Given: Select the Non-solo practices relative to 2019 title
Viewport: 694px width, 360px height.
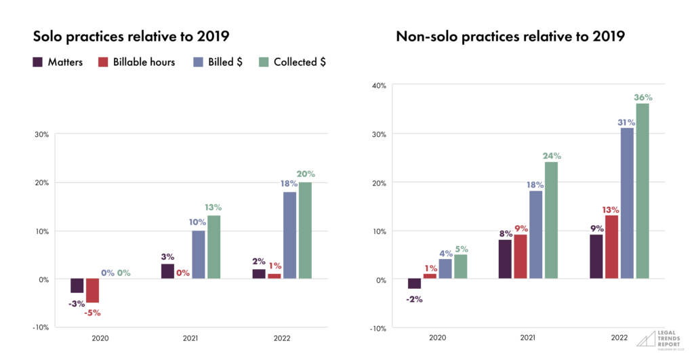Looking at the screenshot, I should pos(510,35).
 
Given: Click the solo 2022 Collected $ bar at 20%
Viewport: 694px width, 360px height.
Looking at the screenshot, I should pos(305,231).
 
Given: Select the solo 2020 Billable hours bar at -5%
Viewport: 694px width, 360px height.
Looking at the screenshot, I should pos(93,291).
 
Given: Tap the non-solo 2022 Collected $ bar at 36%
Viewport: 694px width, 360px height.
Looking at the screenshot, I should pos(642,191).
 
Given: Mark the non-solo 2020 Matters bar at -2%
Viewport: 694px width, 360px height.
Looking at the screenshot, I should pos(414,284).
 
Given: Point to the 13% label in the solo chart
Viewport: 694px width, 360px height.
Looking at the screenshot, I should pos(213,207).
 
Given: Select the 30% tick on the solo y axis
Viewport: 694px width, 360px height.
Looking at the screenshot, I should pos(41,134).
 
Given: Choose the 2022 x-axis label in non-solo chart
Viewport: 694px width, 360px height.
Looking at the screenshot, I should pos(619,337).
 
